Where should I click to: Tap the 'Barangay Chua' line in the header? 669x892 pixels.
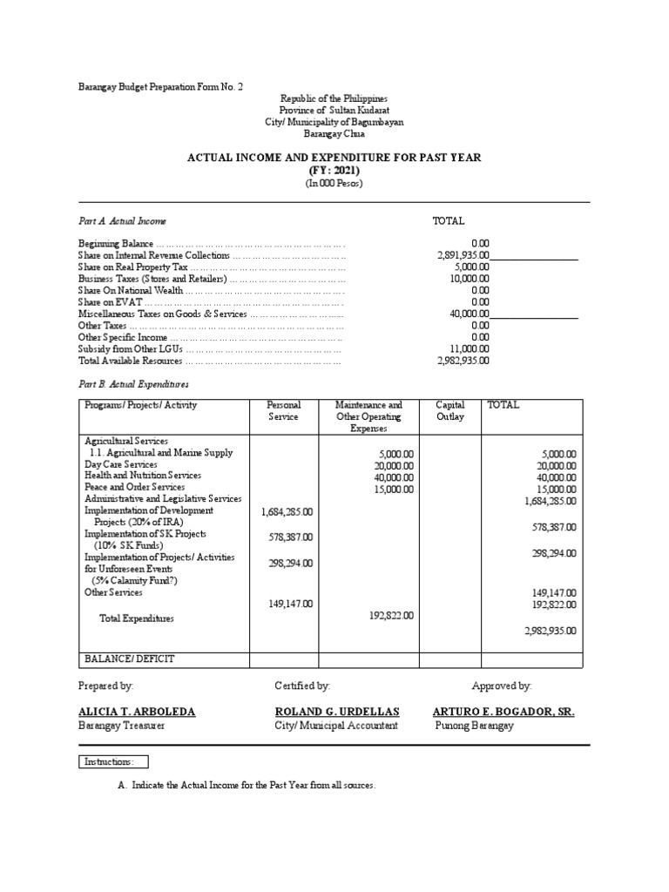point(334,134)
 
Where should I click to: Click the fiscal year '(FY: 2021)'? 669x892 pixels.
point(335,171)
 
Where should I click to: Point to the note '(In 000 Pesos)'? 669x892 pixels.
point(334,184)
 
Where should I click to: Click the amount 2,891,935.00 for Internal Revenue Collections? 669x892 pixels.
point(463,256)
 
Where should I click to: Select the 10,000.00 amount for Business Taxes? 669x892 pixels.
point(470,279)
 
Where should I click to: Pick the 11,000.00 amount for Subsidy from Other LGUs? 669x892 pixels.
point(470,348)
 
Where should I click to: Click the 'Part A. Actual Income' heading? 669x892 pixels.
point(122,222)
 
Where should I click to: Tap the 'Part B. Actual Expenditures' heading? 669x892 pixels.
point(133,383)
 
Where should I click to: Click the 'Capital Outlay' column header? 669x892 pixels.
point(449,411)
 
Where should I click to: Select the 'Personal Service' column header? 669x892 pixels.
point(283,411)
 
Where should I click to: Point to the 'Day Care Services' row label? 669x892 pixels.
point(120,464)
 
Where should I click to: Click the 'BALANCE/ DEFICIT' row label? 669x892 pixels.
point(130,659)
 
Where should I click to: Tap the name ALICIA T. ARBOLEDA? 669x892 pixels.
point(137,712)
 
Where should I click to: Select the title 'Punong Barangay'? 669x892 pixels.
point(474,726)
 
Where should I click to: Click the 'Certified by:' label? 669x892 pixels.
point(302,686)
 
